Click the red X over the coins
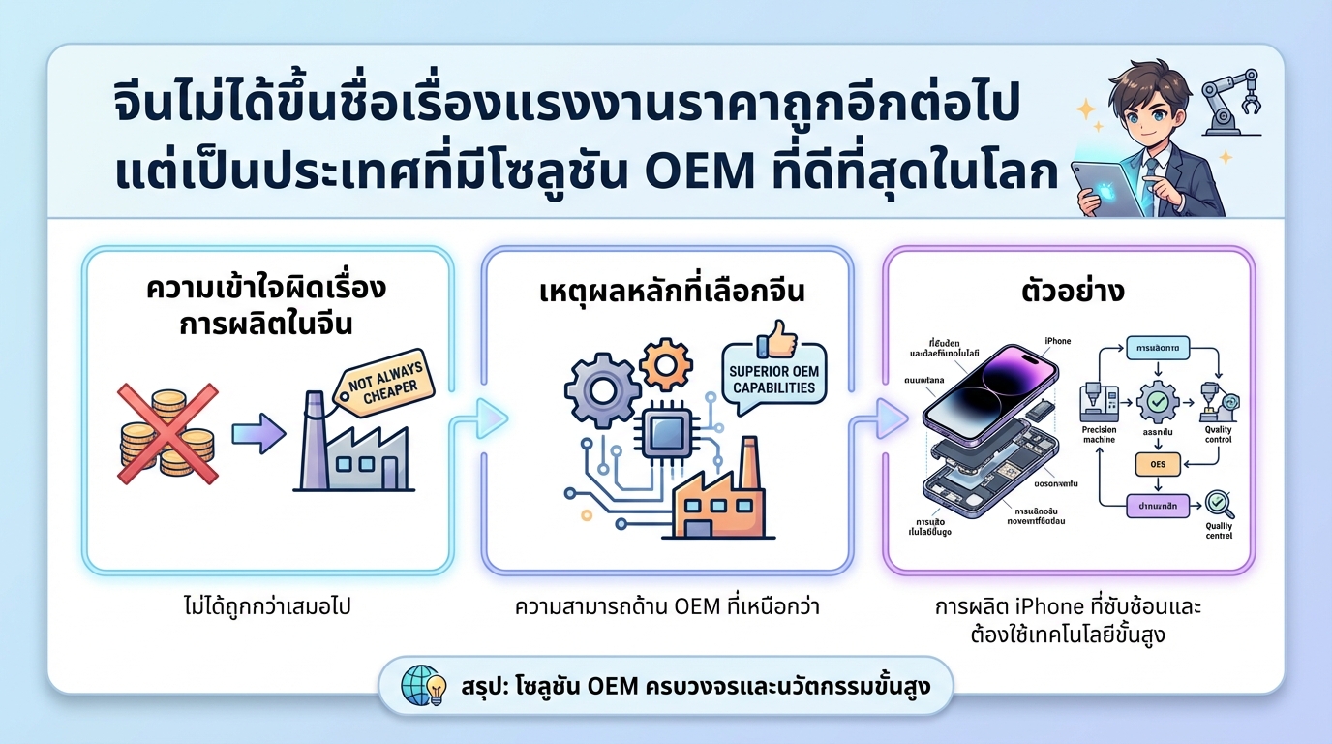(x=166, y=433)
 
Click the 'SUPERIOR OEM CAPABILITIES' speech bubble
(x=773, y=379)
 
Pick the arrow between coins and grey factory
(x=259, y=433)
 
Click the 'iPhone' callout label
(x=1058, y=340)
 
